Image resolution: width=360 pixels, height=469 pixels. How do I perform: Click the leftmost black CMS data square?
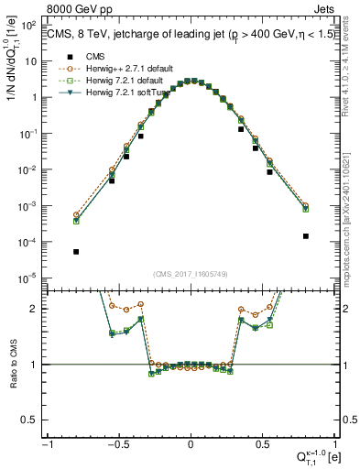[76, 251]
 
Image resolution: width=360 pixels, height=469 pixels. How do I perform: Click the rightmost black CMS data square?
[305, 235]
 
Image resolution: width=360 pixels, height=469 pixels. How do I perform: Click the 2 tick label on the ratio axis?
[38, 309]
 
